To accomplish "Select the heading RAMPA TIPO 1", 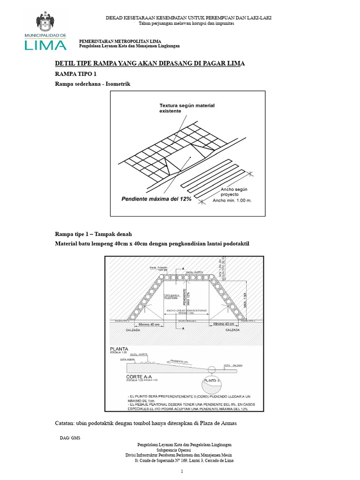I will (x=75, y=74).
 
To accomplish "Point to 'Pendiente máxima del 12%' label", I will (x=157, y=199).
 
